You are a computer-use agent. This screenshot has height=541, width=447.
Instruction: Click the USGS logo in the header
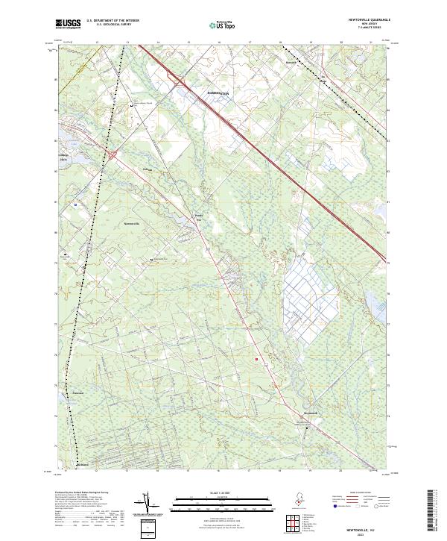pyautogui.click(x=69, y=24)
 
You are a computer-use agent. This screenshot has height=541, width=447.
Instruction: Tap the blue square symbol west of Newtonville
pyautogui.click(x=75, y=204)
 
